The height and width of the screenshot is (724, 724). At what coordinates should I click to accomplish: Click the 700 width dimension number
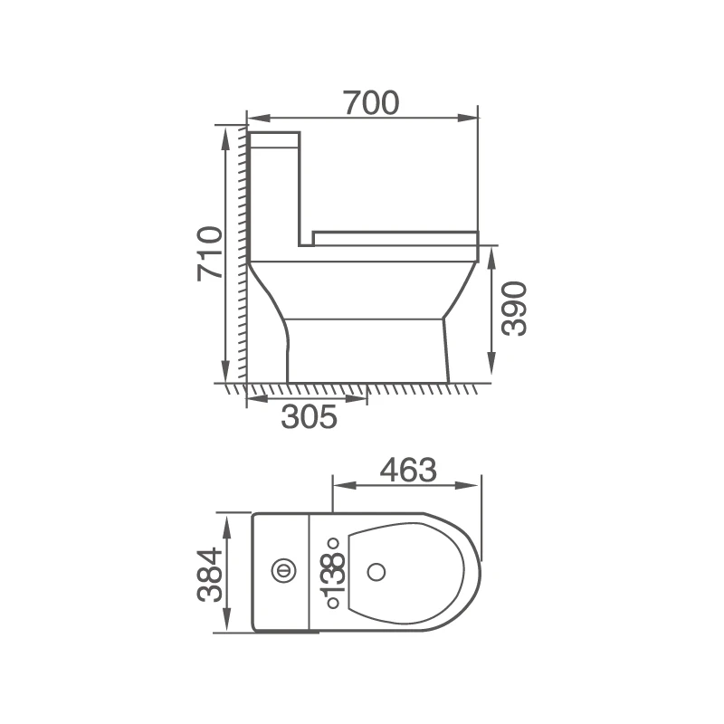click(370, 103)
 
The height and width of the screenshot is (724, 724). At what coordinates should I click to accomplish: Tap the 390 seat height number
click(514, 308)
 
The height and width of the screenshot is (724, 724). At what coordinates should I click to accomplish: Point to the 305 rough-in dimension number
click(309, 416)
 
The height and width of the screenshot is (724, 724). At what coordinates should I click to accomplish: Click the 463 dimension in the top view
click(407, 470)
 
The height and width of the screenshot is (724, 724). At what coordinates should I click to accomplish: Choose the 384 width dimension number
click(209, 575)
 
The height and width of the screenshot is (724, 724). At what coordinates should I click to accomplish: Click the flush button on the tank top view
click(282, 570)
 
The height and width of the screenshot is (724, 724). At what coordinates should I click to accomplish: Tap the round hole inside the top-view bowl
click(378, 571)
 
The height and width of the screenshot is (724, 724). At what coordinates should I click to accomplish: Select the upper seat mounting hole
click(332, 544)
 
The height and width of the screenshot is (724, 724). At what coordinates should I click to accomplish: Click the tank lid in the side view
click(274, 139)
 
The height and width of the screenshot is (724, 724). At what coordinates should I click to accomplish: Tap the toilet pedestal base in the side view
click(367, 349)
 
